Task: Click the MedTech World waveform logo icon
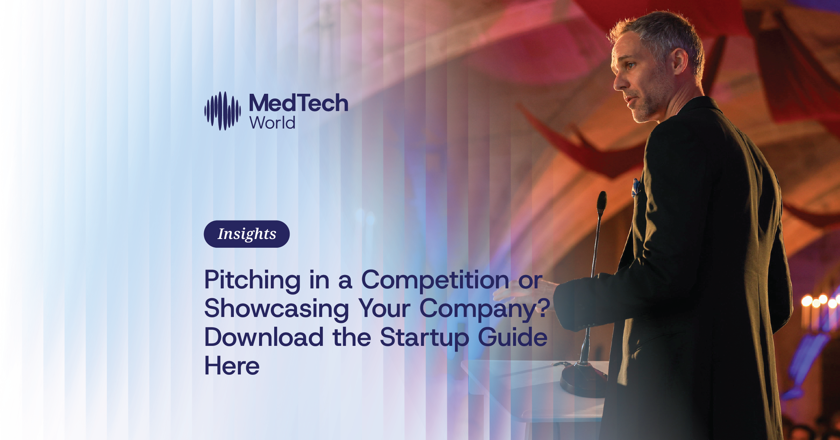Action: coord(222,111)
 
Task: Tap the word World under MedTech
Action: coord(272,123)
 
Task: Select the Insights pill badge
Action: coord(247,234)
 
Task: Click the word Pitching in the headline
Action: coord(252,280)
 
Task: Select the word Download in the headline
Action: coord(264,337)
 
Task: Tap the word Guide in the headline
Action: coord(512,337)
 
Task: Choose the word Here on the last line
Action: coord(232,366)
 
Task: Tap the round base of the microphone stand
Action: coord(584,379)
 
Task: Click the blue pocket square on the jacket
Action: coord(635,187)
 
